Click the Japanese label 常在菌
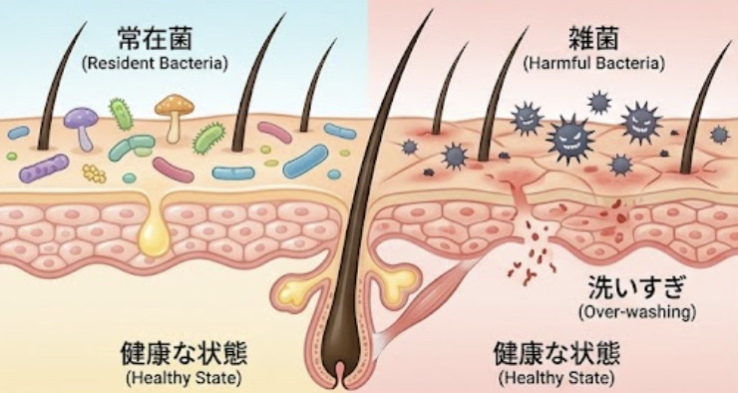click(x=155, y=38)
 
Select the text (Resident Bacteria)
click(x=155, y=64)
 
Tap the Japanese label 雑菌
click(x=593, y=38)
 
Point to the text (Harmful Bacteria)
click(x=594, y=64)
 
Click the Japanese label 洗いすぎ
click(x=636, y=287)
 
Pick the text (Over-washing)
click(x=637, y=312)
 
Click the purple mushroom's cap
click(x=81, y=118)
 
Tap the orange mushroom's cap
click(x=175, y=105)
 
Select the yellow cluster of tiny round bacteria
click(x=94, y=174)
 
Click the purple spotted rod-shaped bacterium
click(x=44, y=168)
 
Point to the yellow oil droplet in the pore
click(x=154, y=235)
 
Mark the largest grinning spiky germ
click(x=570, y=139)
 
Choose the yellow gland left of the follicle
click(x=299, y=290)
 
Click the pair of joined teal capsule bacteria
click(x=132, y=148)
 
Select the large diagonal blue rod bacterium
click(x=305, y=161)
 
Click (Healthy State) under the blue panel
click(x=184, y=377)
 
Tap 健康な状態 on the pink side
click(x=556, y=354)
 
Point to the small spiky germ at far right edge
click(x=720, y=135)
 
